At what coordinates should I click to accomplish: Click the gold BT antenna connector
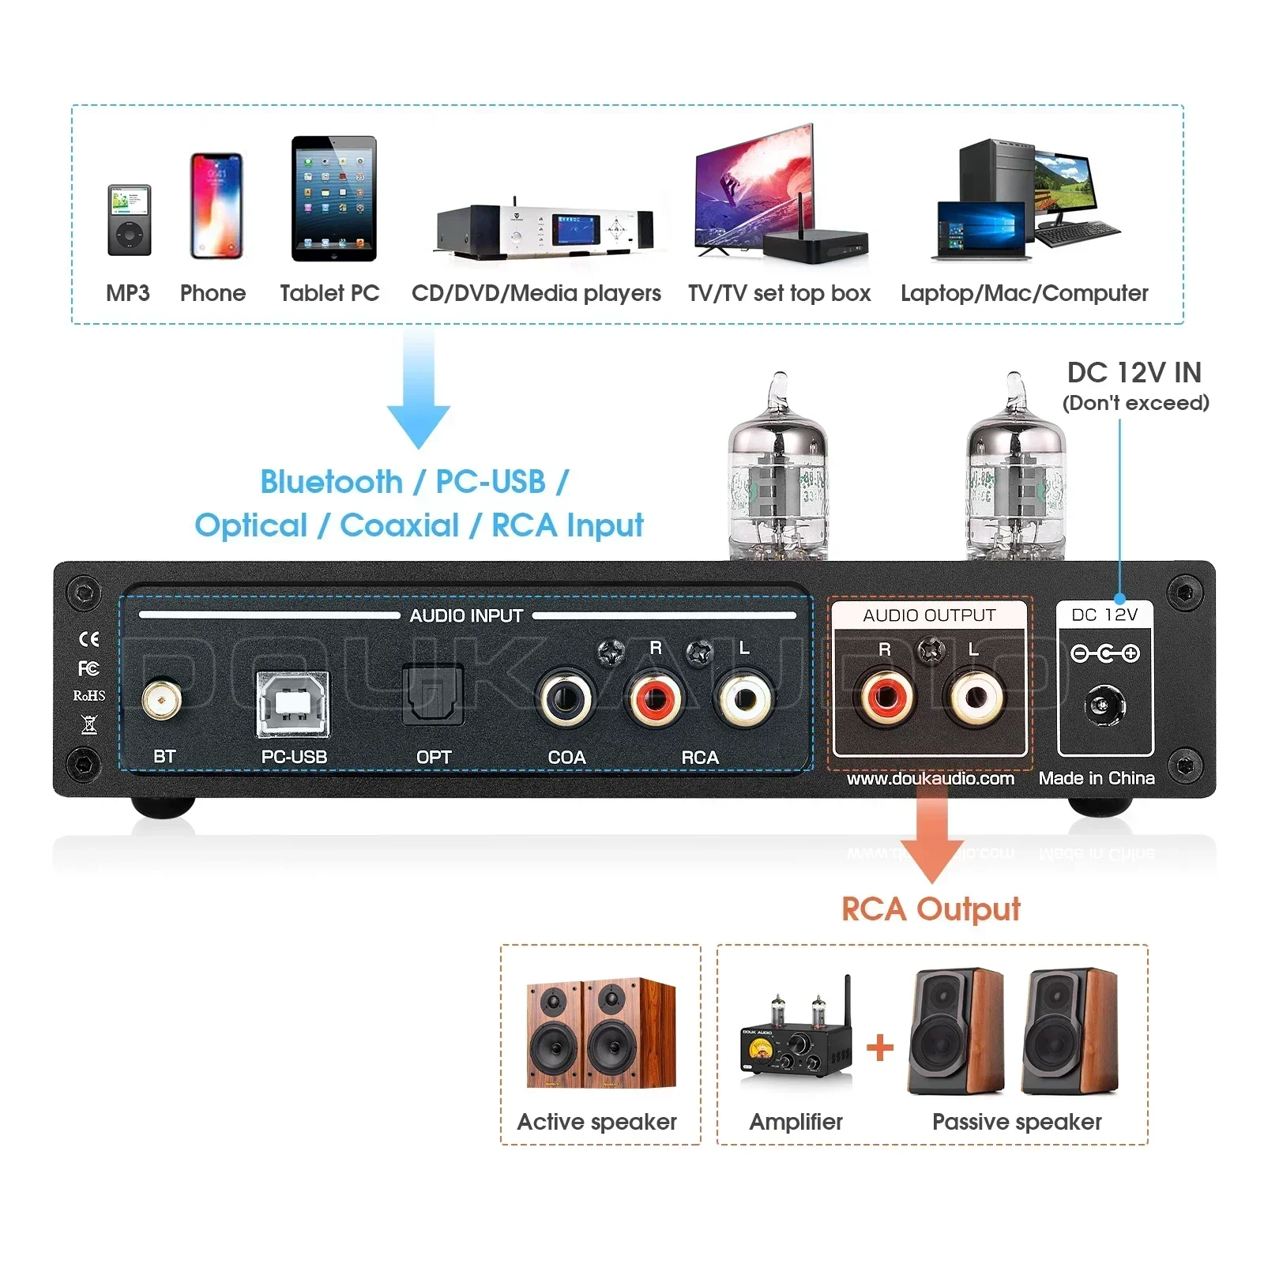point(162,700)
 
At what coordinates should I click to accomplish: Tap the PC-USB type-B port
point(293,705)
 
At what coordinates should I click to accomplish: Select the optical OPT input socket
point(432,695)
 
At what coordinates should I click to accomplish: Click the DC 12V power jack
point(1104,705)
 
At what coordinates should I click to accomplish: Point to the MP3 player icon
point(129,220)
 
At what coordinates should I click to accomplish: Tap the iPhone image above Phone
point(216,205)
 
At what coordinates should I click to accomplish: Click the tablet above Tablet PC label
point(333,199)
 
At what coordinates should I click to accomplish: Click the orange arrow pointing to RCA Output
point(932,837)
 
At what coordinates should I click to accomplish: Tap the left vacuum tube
point(778,474)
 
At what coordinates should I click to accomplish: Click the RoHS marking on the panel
point(89,696)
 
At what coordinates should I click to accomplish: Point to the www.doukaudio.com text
point(930,779)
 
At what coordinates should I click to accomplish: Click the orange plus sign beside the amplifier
point(879,1048)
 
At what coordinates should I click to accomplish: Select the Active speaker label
point(596,1122)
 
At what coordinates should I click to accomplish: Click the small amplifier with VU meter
point(796,1035)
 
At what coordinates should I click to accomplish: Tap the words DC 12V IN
point(1134,373)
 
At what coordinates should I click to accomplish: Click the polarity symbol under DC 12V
point(1104,653)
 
